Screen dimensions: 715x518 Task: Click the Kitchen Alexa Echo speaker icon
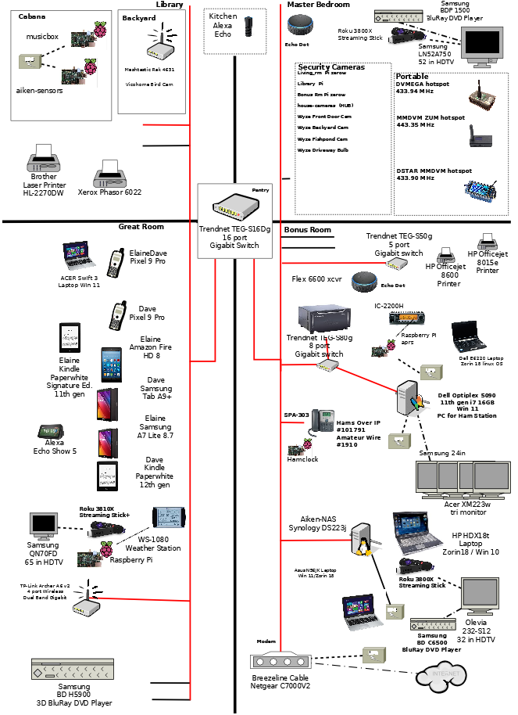coord(248,27)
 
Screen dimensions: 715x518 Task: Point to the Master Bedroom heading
coord(318,5)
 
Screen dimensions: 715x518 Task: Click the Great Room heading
coord(141,227)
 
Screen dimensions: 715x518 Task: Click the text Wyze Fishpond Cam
coord(323,138)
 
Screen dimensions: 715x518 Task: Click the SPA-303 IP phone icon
coord(323,422)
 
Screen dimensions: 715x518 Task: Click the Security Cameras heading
coord(331,67)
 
